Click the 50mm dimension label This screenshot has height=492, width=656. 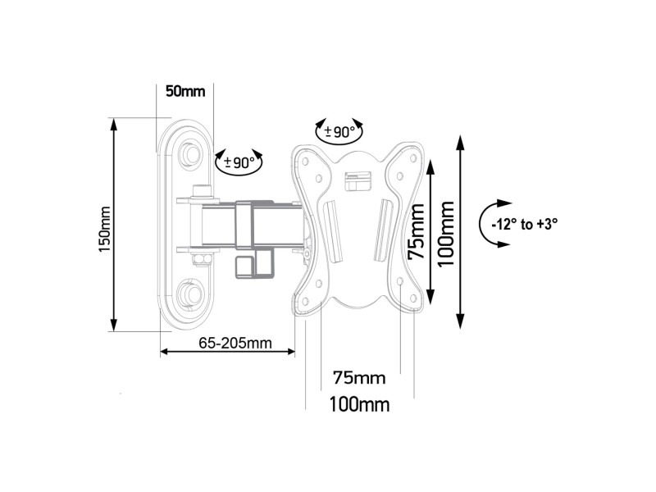pyautogui.click(x=184, y=91)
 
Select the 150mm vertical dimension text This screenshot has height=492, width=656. pyautogui.click(x=104, y=226)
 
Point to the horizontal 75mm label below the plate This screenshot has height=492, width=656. pyautogui.click(x=359, y=378)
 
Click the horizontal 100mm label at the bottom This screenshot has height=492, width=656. pyautogui.click(x=359, y=405)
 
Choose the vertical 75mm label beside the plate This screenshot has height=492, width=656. pyautogui.click(x=417, y=231)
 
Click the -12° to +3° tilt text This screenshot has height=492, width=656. pyautogui.click(x=531, y=222)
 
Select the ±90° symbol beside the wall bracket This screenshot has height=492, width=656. pyautogui.click(x=239, y=162)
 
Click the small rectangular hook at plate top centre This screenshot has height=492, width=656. pyautogui.click(x=355, y=178)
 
